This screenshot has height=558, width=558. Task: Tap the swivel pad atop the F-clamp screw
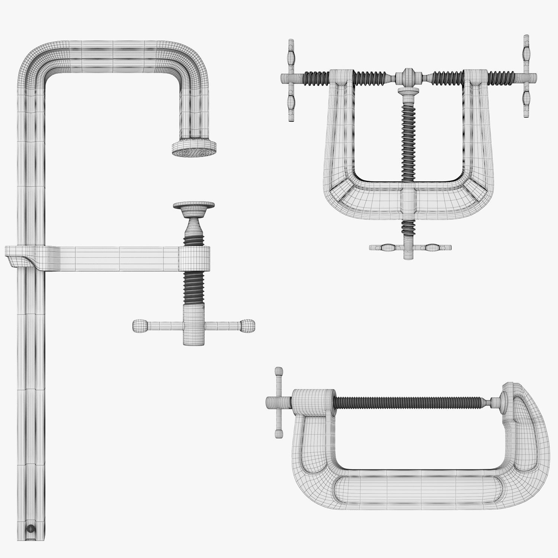click(194, 206)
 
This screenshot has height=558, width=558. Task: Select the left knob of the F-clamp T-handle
click(140, 326)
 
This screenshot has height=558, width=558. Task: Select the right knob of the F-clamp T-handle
click(247, 326)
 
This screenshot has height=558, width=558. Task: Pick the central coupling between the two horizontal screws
click(408, 77)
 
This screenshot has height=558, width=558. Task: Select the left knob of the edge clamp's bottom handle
click(387, 247)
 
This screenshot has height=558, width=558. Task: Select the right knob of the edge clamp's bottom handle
click(432, 247)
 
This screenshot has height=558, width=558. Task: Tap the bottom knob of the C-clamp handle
click(278, 433)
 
